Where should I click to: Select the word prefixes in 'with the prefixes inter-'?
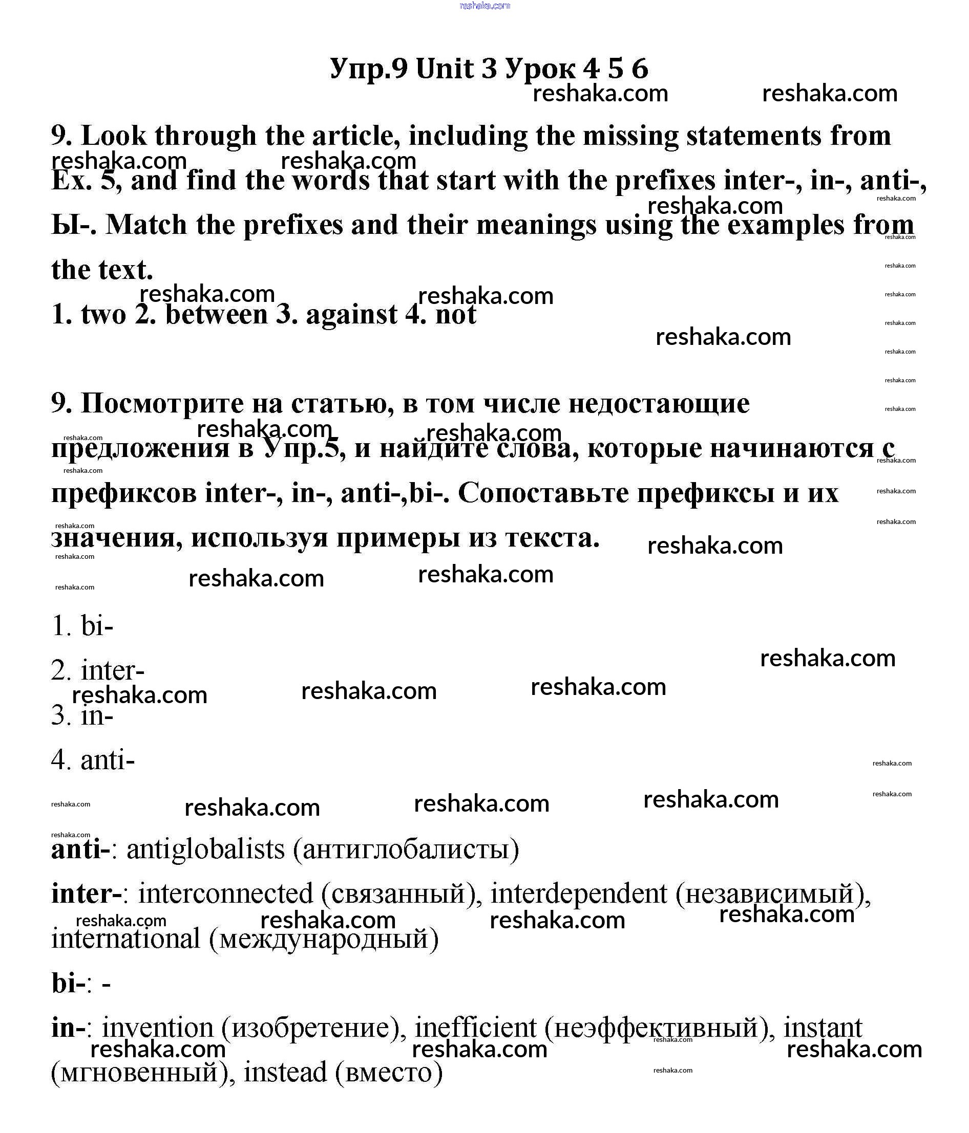click(x=665, y=181)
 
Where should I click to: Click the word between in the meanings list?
click(x=216, y=314)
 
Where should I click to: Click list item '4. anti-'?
click(x=93, y=759)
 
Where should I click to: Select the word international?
click(x=126, y=939)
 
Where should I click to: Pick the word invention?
click(x=158, y=1028)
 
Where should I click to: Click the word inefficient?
click(x=475, y=1028)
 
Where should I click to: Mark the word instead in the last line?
click(x=285, y=1072)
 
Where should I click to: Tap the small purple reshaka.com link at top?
click(x=485, y=6)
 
